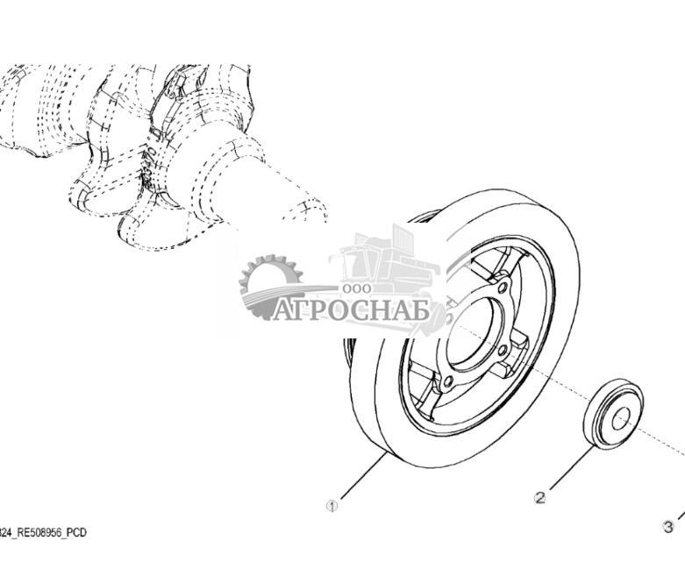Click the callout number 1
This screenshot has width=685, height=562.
click(x=332, y=506)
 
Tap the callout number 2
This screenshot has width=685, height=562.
click(x=540, y=497)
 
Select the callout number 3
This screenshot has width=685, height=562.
click(x=668, y=527)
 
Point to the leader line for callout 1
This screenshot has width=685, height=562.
click(x=363, y=475)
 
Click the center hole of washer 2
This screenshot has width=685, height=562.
click(x=621, y=419)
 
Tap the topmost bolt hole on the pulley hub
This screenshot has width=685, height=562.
click(x=503, y=288)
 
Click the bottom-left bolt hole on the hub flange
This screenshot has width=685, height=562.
click(x=447, y=383)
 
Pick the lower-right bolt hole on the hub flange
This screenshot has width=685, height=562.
click(x=502, y=350)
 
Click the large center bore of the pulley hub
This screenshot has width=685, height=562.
click(x=469, y=334)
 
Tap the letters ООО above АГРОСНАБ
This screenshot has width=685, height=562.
click(x=357, y=288)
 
